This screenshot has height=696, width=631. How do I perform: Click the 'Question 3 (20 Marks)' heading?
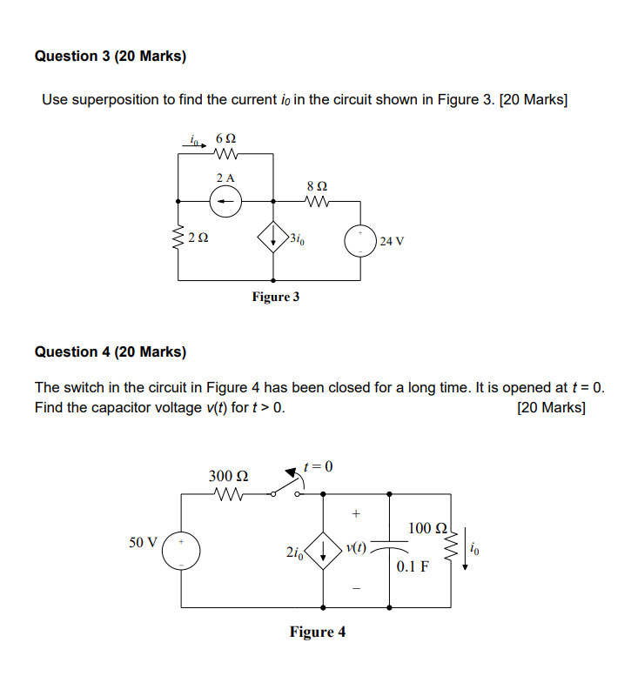pyautogui.click(x=110, y=57)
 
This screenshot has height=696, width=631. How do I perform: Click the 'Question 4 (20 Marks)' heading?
pyautogui.click(x=110, y=352)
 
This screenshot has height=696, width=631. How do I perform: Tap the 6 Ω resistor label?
pyautogui.click(x=224, y=139)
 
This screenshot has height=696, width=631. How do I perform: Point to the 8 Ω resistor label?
pyautogui.click(x=318, y=185)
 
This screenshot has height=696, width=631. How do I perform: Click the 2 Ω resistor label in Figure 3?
pyautogui.click(x=198, y=237)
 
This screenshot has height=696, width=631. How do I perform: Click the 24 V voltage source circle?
pyautogui.click(x=360, y=240)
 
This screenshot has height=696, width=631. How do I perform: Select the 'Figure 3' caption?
pyautogui.click(x=275, y=298)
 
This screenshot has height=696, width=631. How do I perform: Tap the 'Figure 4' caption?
pyautogui.click(x=317, y=632)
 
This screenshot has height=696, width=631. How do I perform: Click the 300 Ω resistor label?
pyautogui.click(x=228, y=476)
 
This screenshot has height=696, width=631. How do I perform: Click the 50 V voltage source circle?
pyautogui.click(x=182, y=550)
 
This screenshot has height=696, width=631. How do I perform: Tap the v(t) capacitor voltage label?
pyautogui.click(x=356, y=548)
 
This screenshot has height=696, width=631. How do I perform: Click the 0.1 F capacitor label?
pyautogui.click(x=413, y=566)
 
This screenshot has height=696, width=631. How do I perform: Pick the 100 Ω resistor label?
pyautogui.click(x=426, y=528)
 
